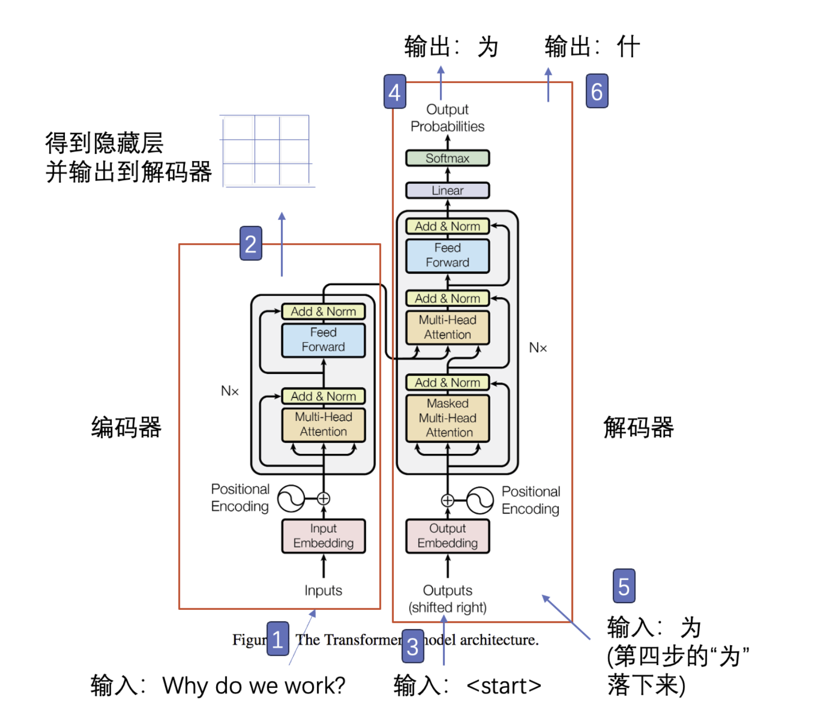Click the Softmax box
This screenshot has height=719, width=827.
point(447,158)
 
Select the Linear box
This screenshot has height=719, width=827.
point(447,191)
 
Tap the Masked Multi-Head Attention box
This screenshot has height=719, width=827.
point(447,418)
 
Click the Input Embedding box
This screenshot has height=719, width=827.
point(323,536)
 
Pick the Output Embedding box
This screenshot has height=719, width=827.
point(447,536)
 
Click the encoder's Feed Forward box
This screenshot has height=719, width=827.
point(323,340)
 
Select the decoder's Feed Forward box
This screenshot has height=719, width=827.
point(447,255)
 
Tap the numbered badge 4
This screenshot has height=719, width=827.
point(395,92)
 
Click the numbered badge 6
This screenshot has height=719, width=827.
point(597,91)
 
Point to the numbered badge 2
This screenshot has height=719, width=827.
point(250,243)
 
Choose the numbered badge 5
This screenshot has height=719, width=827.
point(624,586)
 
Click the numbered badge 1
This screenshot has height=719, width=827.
point(277,638)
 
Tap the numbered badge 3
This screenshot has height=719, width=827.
point(412,646)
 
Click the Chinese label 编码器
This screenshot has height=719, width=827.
point(126,428)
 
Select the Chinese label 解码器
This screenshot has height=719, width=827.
point(638,428)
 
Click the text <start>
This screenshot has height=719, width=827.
point(503,686)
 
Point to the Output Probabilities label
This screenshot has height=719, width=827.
point(447,118)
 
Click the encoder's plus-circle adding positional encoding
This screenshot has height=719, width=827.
point(323,499)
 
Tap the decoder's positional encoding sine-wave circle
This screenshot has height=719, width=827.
point(479,500)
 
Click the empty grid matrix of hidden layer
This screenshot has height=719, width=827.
point(266,151)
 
